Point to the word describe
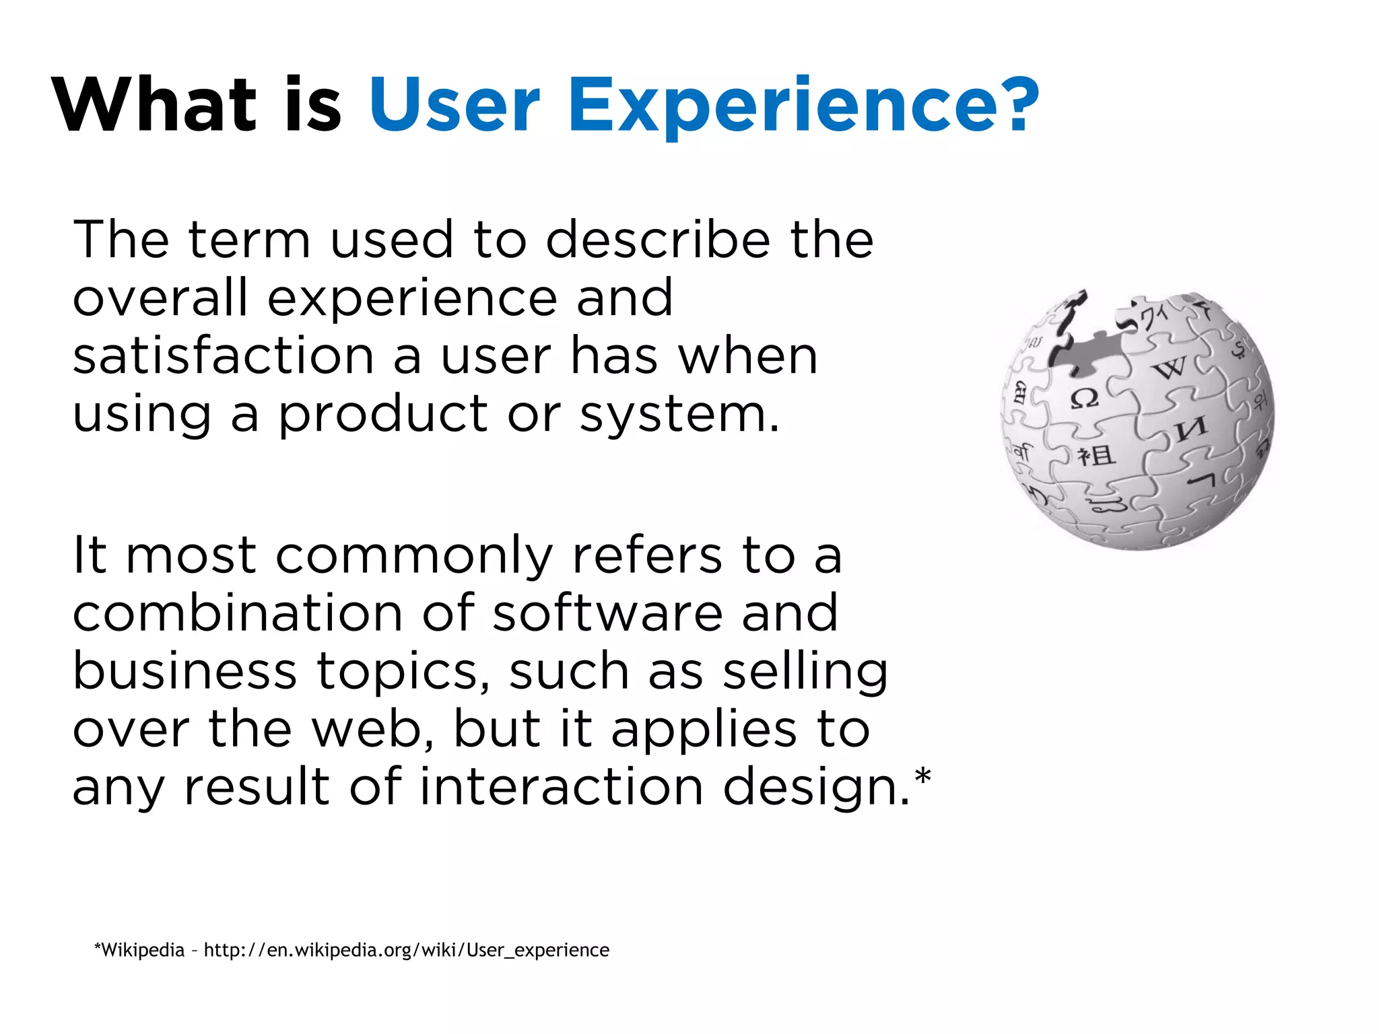(x=658, y=240)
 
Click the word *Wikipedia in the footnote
(x=139, y=950)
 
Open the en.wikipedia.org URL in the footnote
(x=406, y=950)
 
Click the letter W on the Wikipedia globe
(x=1171, y=368)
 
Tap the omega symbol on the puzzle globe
(x=1085, y=399)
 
